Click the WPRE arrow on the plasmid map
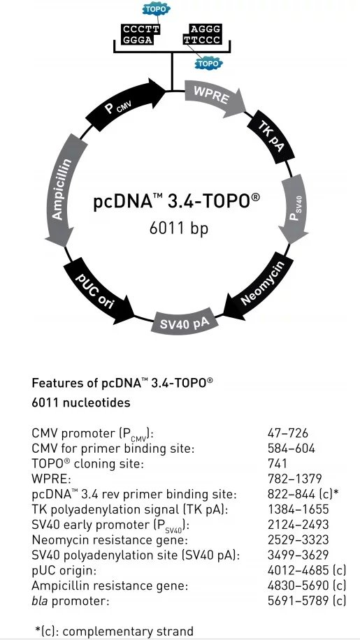click(215, 96)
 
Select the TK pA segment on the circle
click(271, 137)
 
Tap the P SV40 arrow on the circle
click(296, 210)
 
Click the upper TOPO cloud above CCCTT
click(156, 8)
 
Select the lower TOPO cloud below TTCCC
click(208, 64)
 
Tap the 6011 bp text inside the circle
click(179, 228)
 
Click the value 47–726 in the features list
click(288, 433)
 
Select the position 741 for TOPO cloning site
click(277, 463)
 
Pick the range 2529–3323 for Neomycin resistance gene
click(298, 539)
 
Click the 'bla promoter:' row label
click(71, 602)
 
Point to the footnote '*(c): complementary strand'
click(114, 631)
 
